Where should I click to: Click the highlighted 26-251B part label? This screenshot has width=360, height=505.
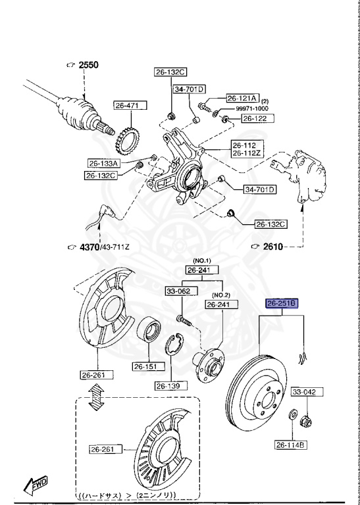(x=282, y=304)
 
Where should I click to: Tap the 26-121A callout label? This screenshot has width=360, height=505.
(x=243, y=97)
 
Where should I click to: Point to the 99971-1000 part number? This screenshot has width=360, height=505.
(x=253, y=108)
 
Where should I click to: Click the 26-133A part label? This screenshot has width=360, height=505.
(x=103, y=163)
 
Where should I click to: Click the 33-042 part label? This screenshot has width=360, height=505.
(x=305, y=392)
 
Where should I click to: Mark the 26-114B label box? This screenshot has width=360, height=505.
(x=290, y=446)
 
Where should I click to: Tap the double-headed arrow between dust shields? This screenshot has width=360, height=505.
(x=97, y=398)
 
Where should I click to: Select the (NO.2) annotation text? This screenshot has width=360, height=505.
(x=220, y=294)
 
